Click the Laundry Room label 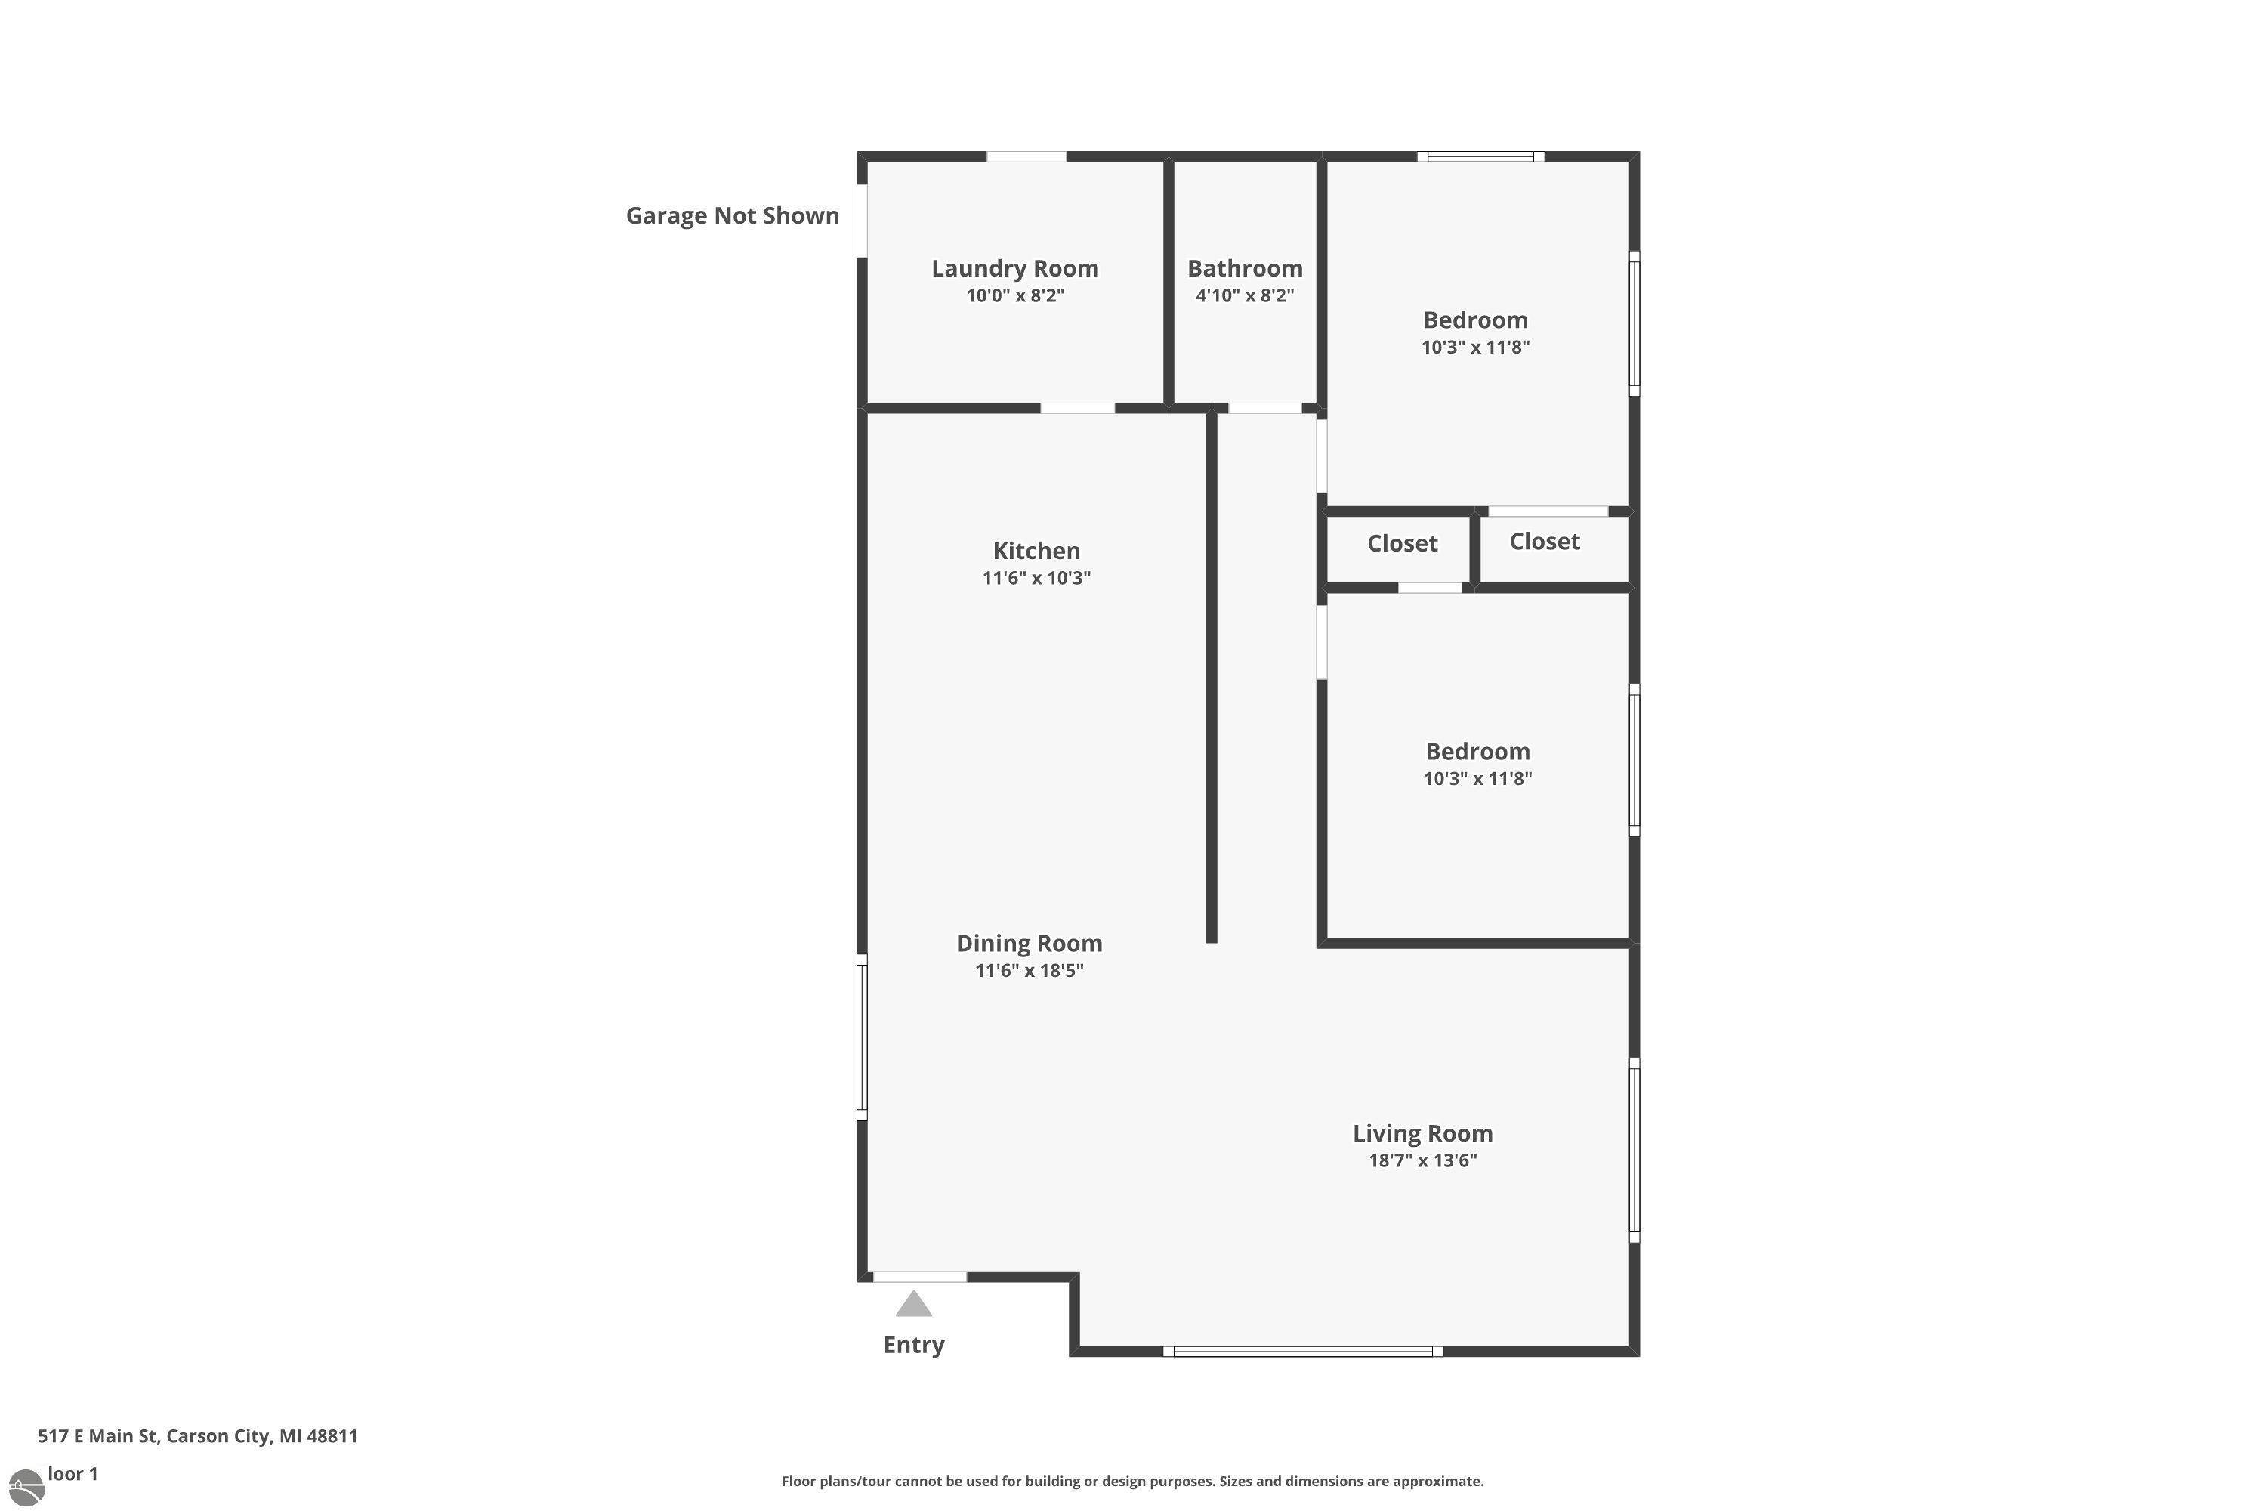click(1014, 268)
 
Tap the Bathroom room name click(1245, 268)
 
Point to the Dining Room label click(1029, 944)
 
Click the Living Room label click(1423, 1133)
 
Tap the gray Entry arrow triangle click(913, 1304)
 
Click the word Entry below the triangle click(914, 1346)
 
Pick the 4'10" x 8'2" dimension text click(1245, 296)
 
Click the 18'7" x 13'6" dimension click(1423, 1160)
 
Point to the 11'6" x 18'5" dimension click(1029, 970)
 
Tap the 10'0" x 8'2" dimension click(1015, 296)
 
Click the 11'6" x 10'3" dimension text click(1036, 578)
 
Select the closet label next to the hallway click(1402, 543)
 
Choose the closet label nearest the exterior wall click(1545, 542)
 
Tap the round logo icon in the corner click(25, 1488)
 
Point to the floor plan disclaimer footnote click(1133, 1481)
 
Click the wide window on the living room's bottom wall click(1302, 1351)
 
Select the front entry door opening click(920, 1277)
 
